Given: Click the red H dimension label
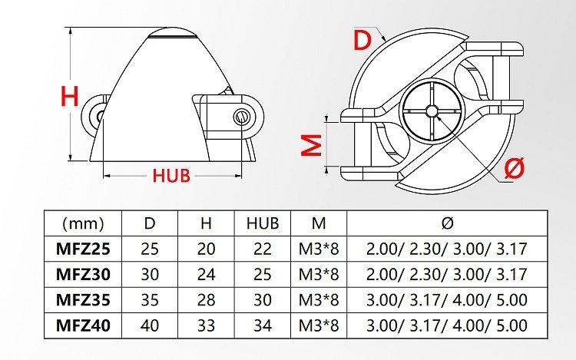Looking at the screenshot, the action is point(70,96).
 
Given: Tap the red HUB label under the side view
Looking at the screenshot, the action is point(171,176).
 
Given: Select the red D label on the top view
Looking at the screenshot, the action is point(362,40).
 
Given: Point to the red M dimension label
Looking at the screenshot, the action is point(312,145).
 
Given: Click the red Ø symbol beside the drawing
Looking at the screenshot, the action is point(515,168).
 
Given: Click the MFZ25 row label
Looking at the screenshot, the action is point(83,249).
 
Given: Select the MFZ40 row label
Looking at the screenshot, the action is point(83,325).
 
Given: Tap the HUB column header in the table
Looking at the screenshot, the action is point(263,223).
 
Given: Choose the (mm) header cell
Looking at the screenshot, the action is point(84,223).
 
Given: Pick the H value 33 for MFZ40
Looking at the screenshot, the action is point(206,325).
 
